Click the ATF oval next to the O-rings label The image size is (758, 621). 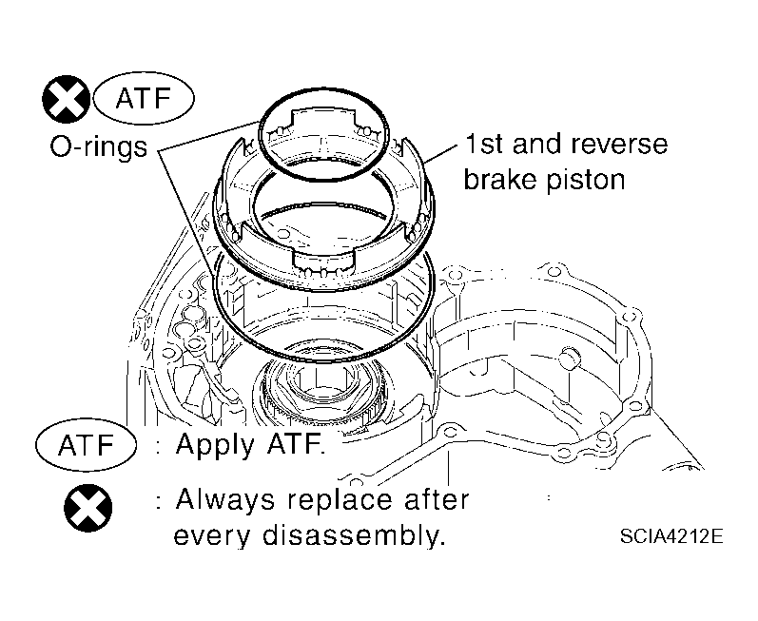pos(144,98)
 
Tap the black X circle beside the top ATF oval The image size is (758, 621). pos(67,99)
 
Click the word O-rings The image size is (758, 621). pos(99,146)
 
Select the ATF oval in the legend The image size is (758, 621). pos(86,445)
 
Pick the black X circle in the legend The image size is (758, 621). pos(88,508)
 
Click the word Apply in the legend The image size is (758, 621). pos(215,445)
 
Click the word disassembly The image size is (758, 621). pos(353,535)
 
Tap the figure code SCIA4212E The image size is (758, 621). pos(671,536)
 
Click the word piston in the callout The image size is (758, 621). pos(586,180)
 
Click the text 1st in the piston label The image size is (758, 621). pos(483,144)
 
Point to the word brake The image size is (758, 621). pos(500,179)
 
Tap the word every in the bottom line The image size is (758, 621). pos(211,536)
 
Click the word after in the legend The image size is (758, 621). pos(436,499)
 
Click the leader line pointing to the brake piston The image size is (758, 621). pos(439,153)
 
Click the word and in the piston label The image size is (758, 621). pos(535,144)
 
